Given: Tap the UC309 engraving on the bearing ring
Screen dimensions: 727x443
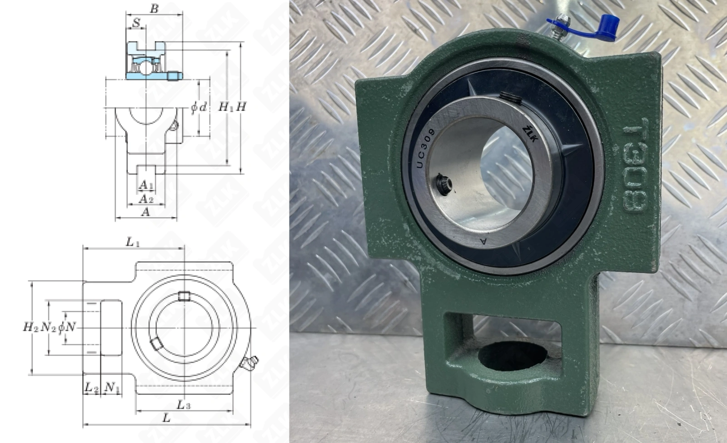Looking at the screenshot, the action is (x=425, y=148).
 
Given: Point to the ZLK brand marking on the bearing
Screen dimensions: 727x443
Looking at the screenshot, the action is (x=530, y=134).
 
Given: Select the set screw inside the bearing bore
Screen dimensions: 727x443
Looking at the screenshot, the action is (x=443, y=184).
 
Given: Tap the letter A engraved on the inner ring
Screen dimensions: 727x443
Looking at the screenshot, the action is (x=483, y=241).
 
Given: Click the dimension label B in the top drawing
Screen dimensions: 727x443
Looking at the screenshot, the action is (x=154, y=9).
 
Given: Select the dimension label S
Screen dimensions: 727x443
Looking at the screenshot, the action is (x=136, y=23).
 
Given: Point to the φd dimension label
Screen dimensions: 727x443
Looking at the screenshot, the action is (x=199, y=107).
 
